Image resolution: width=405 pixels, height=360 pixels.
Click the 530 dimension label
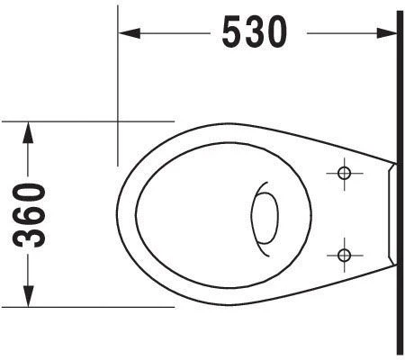tap(255, 32)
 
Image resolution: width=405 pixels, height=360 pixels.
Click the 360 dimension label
tap(29, 215)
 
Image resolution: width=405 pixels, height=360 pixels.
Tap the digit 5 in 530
tap(232, 32)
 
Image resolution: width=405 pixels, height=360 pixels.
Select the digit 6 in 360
tap(29, 215)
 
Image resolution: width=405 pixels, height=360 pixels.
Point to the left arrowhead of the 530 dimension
tap(130, 33)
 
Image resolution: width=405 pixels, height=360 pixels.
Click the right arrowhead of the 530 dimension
tap(387, 33)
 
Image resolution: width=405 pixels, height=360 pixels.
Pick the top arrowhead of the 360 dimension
tap(28, 132)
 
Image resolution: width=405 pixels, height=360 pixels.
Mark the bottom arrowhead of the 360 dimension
tap(28, 296)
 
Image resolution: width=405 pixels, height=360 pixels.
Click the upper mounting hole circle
tap(344, 173)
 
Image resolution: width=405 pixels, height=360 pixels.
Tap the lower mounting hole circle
tap(344, 256)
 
